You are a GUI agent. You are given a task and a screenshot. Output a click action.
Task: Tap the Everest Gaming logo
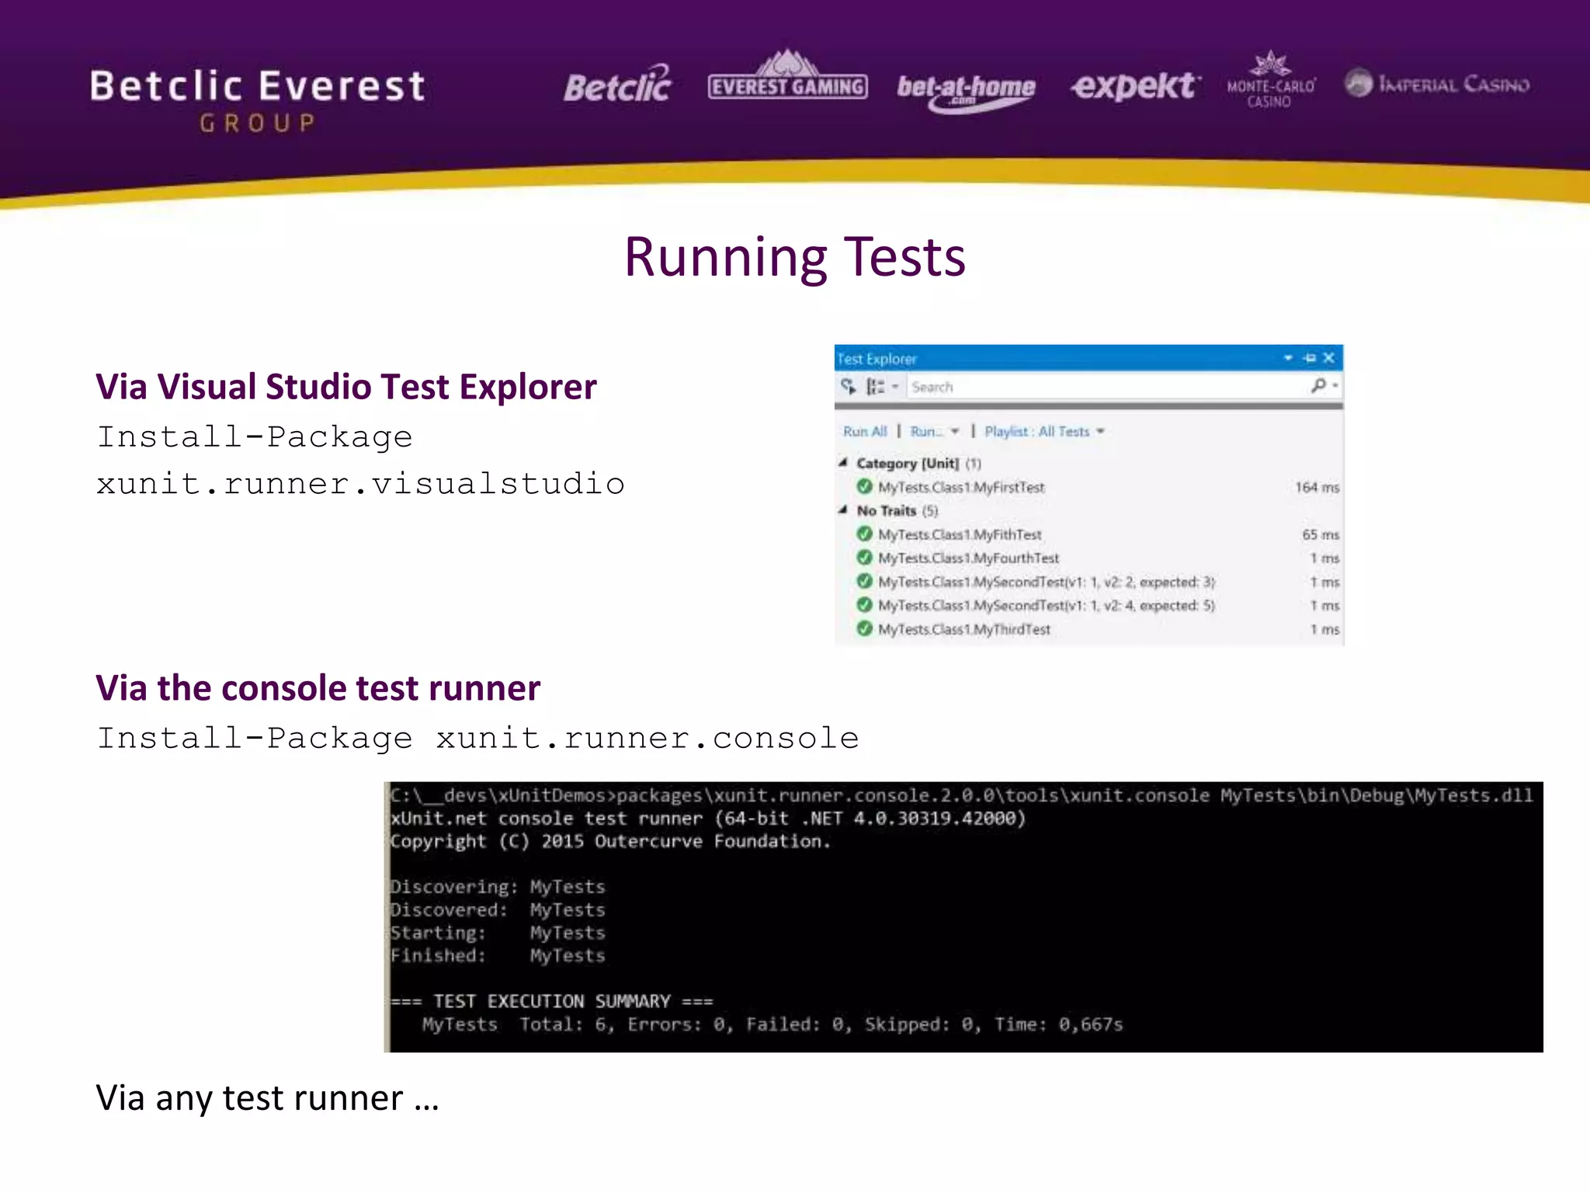tap(787, 80)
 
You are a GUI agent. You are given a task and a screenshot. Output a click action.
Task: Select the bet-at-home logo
tap(966, 89)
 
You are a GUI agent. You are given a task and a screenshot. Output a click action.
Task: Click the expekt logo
tap(1135, 85)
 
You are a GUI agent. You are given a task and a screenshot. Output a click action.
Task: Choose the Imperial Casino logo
tap(1437, 84)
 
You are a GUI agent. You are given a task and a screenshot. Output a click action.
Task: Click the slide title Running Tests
tap(794, 257)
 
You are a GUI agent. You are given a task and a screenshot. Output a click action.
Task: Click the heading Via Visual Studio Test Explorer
tap(346, 387)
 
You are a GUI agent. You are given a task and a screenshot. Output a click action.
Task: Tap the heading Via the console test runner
tap(318, 688)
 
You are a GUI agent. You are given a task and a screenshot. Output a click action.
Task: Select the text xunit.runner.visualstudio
tap(360, 484)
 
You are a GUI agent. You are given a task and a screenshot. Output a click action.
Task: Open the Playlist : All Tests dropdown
tap(1043, 432)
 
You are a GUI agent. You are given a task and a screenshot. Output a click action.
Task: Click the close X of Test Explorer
tap(1328, 358)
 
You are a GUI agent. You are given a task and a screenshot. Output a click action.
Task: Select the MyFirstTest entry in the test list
tap(961, 488)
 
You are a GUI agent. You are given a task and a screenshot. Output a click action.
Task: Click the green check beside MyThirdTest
tap(864, 629)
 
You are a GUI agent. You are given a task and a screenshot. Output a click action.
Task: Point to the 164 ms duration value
tap(1317, 488)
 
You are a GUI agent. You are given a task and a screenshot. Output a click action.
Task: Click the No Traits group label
tap(887, 511)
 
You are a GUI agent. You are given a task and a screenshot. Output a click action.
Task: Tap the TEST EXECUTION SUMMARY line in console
tap(552, 1001)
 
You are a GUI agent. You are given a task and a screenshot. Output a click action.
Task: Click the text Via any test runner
tap(267, 1098)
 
